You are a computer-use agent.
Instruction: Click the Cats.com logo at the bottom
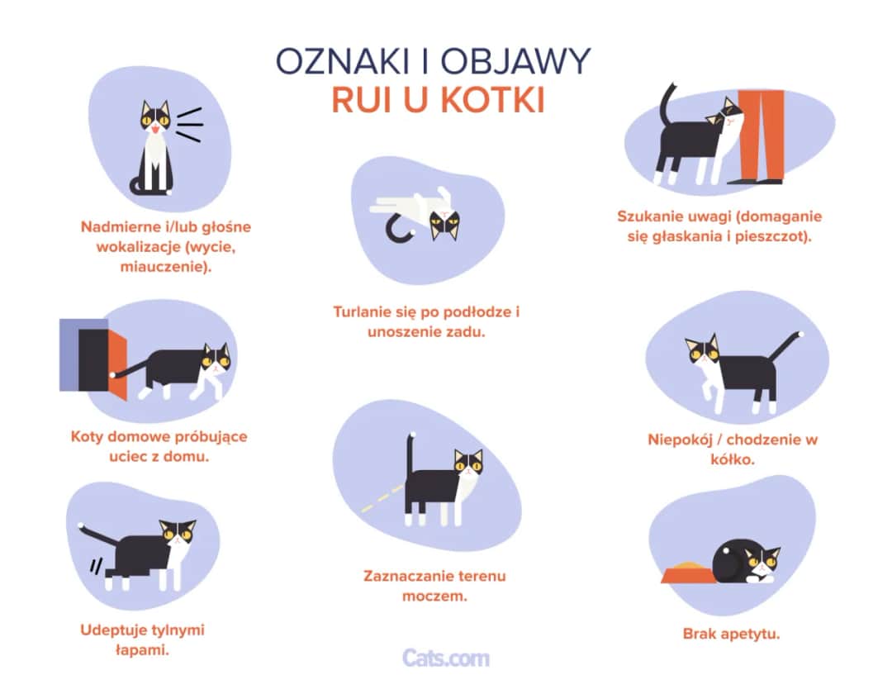(x=446, y=658)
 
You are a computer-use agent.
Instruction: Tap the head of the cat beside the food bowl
(x=761, y=563)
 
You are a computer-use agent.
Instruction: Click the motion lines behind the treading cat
(x=97, y=567)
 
